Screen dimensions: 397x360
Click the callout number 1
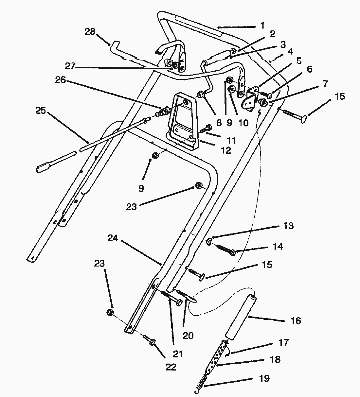click(262, 25)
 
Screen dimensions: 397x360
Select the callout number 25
click(41, 111)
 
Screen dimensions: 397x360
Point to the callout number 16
click(296, 321)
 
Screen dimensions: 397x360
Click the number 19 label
click(264, 379)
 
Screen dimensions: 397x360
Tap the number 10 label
click(243, 123)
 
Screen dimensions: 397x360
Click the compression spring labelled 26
click(162, 111)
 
